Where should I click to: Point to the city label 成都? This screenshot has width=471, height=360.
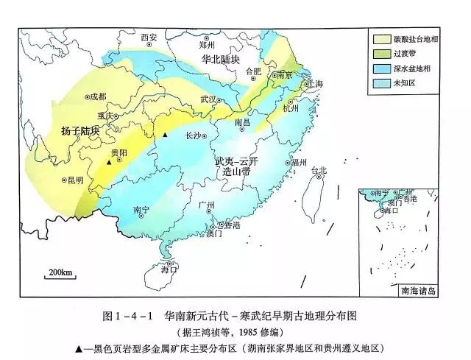97,96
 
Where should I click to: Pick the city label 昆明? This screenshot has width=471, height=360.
74,180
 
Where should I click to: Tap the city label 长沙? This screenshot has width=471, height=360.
193,135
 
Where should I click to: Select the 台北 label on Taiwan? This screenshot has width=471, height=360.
319,171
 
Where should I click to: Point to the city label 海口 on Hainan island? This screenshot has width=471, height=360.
169,269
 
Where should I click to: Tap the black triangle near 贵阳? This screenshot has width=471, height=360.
109,162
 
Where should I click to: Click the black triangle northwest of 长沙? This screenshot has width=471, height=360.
166,135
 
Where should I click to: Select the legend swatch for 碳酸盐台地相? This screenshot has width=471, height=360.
383,39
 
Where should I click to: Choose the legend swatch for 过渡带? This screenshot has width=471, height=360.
383,54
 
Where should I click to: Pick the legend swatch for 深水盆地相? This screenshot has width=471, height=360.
383,68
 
